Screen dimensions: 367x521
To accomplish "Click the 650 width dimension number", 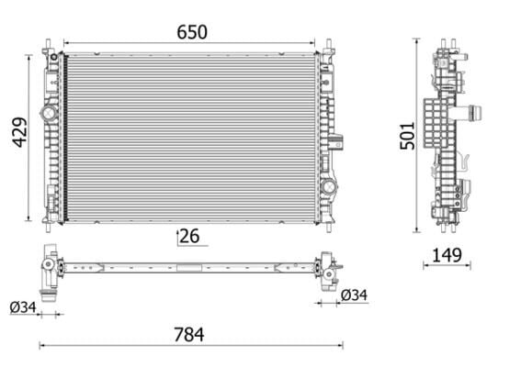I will pyautogui.click(x=192, y=32).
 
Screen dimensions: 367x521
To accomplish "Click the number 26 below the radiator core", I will pyautogui.click(x=190, y=236).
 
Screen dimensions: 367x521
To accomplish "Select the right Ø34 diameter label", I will pyautogui.click(x=354, y=295).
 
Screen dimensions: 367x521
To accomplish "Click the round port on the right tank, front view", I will pyautogui.click(x=328, y=186).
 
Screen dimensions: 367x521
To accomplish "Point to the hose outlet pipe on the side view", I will pyautogui.click(x=475, y=115).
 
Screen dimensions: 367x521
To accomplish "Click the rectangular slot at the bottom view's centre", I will pyautogui.click(x=191, y=268).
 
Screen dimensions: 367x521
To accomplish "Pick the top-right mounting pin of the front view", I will pyautogui.click(x=328, y=44).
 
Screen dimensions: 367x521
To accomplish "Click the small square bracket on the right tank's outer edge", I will pyautogui.click(x=338, y=142).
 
